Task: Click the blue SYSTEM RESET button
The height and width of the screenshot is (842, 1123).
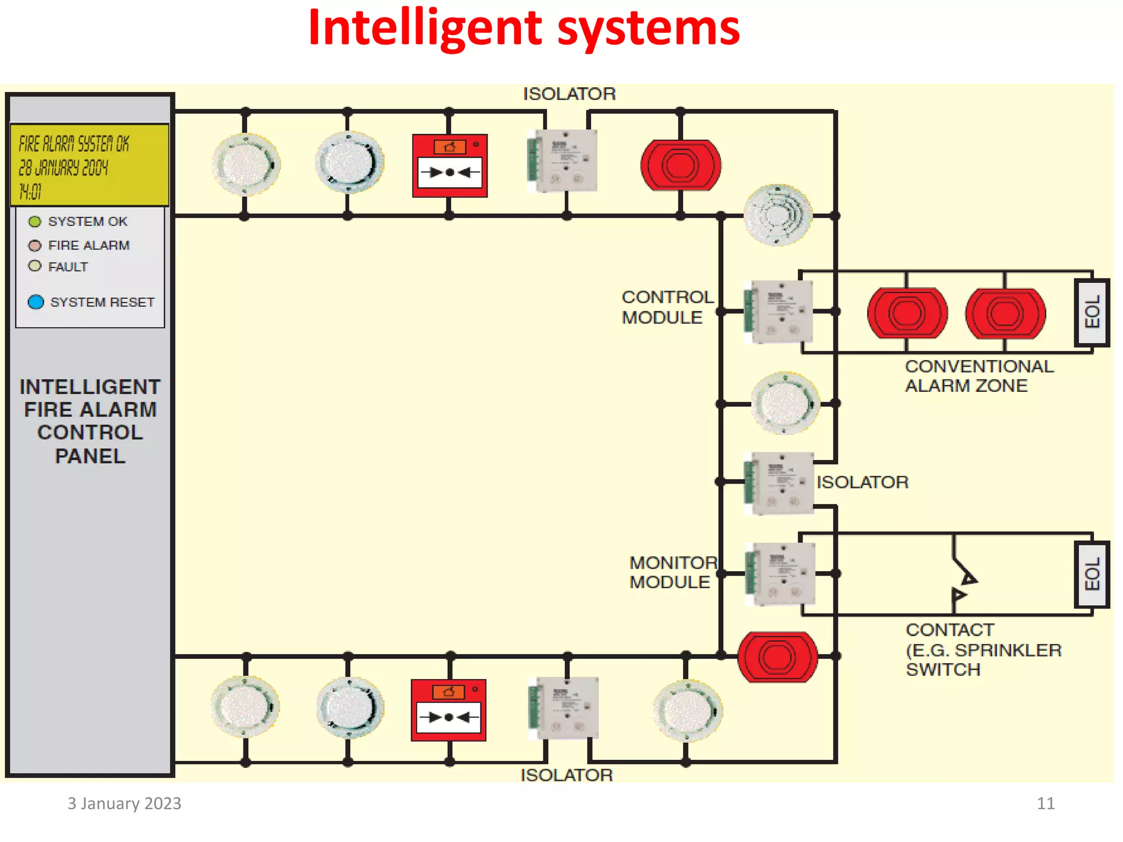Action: (36, 302)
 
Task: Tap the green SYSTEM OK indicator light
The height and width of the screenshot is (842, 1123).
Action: (35, 221)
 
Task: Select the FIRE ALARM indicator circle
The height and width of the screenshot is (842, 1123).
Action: (35, 245)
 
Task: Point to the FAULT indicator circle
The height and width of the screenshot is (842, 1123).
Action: (35, 266)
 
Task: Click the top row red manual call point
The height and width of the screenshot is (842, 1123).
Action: (450, 166)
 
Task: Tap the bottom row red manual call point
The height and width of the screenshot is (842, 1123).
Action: (449, 710)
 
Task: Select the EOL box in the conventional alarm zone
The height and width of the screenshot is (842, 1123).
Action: (1091, 312)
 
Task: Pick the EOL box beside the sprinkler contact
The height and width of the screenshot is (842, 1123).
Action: (1091, 574)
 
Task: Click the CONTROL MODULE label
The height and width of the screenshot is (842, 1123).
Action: (667, 307)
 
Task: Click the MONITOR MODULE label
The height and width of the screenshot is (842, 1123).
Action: (673, 572)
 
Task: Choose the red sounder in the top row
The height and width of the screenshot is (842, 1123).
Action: (680, 166)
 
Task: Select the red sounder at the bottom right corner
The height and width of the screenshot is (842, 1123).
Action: (777, 657)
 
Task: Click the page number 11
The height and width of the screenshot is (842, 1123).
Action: (1045, 804)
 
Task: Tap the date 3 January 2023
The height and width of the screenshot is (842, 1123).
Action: (124, 804)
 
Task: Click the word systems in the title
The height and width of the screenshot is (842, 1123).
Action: (648, 29)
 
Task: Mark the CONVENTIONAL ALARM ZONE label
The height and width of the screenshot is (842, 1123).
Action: (979, 376)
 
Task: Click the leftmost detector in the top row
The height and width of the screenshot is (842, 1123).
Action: (246, 164)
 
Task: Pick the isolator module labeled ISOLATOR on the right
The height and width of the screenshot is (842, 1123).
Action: (779, 483)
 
